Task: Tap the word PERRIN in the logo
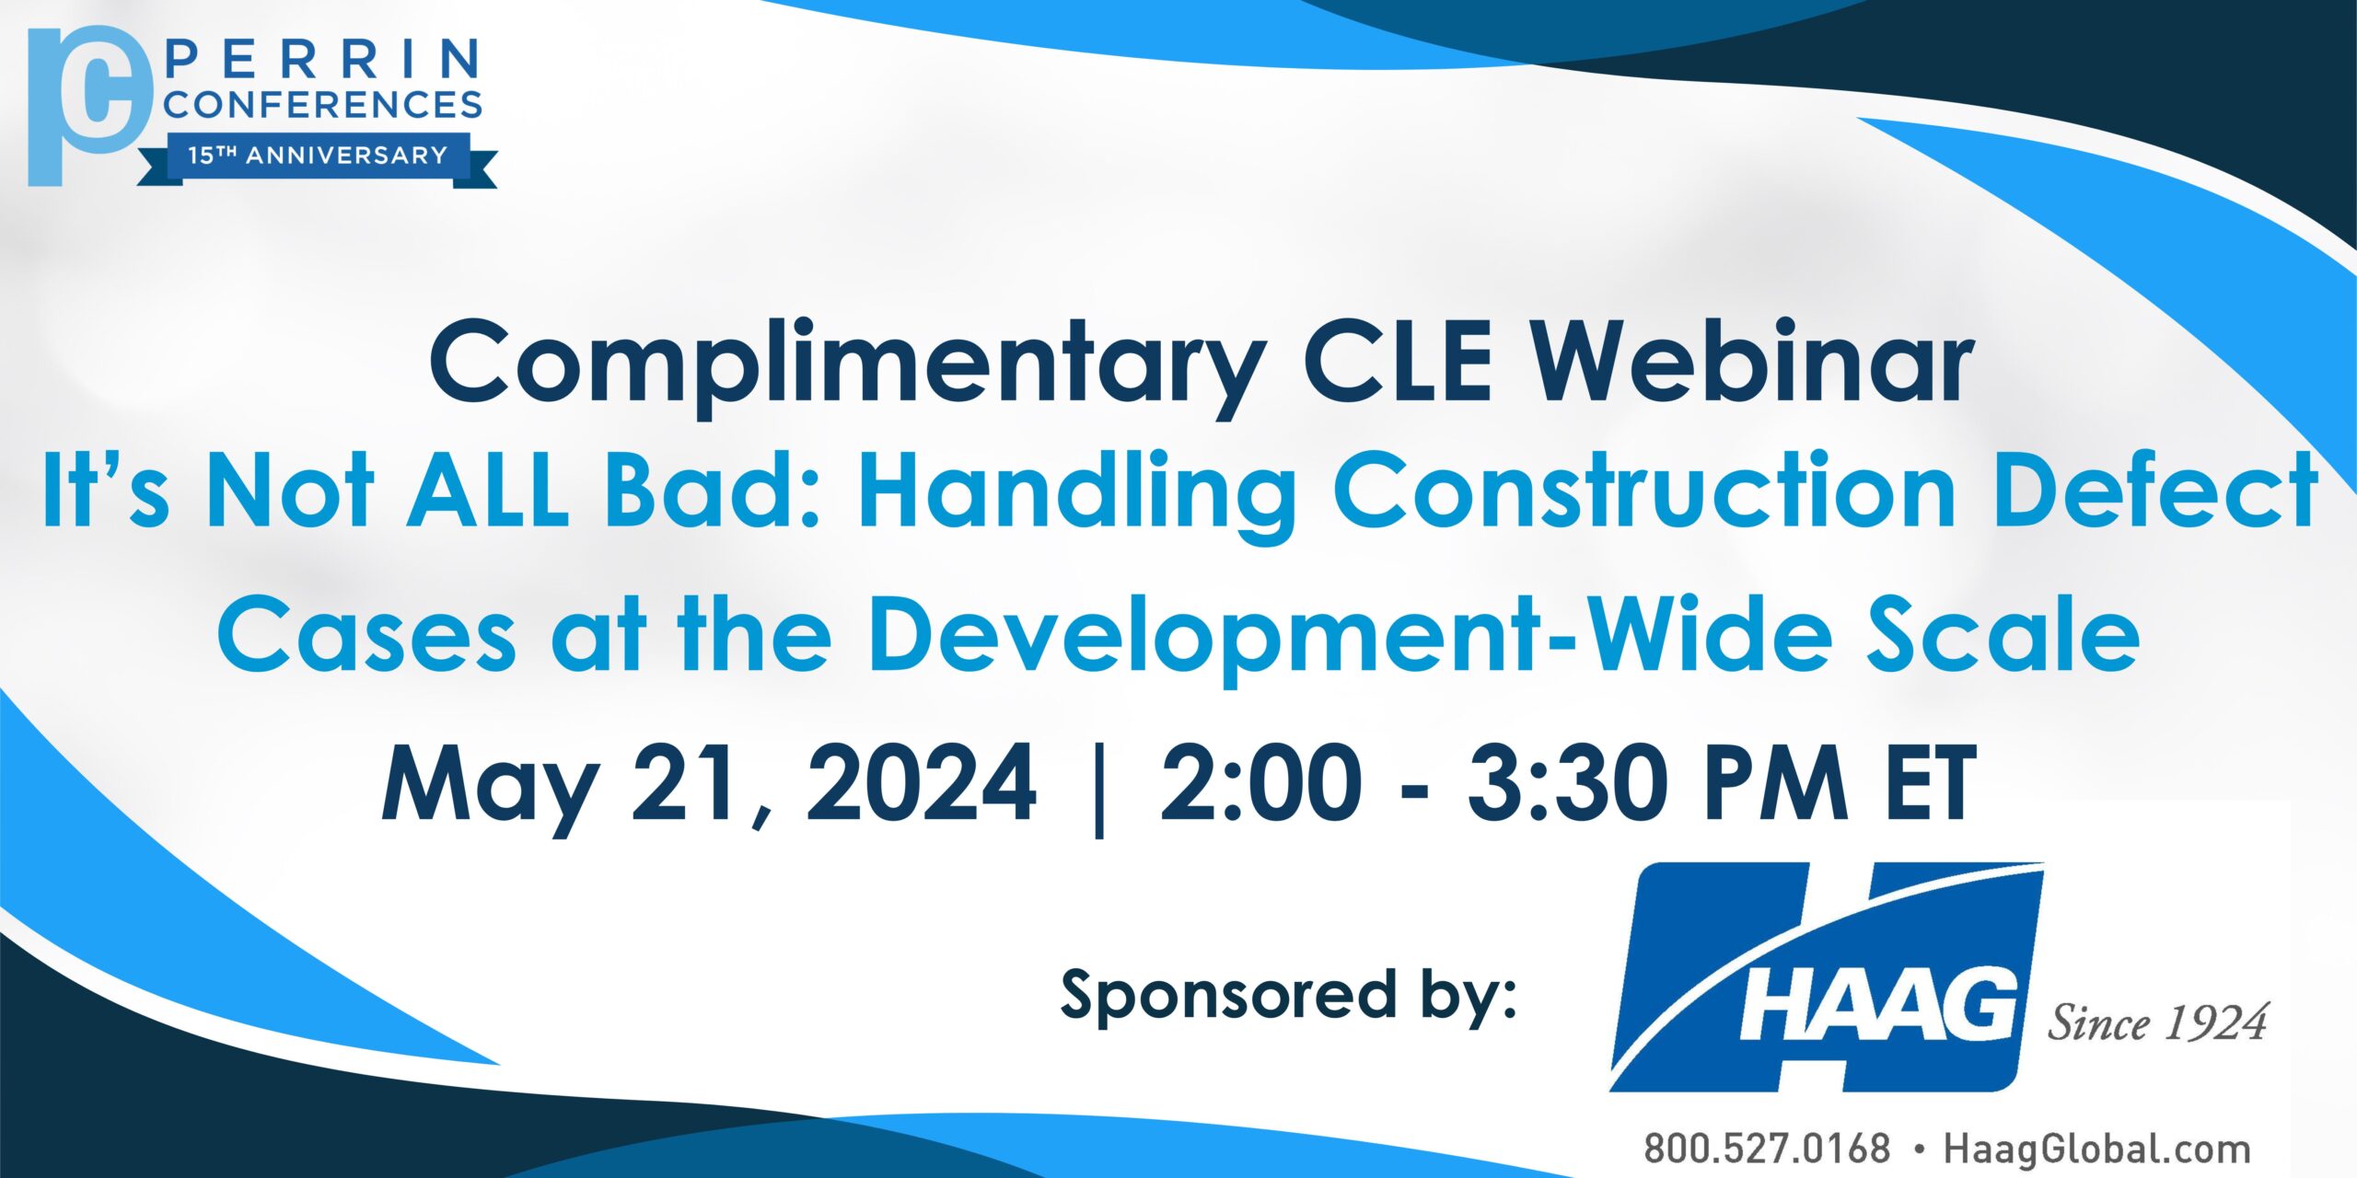pos(324,60)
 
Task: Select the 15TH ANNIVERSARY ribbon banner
pos(318,158)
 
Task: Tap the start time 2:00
pos(1260,783)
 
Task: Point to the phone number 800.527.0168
pos(1768,1149)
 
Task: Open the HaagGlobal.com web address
pos(2097,1149)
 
